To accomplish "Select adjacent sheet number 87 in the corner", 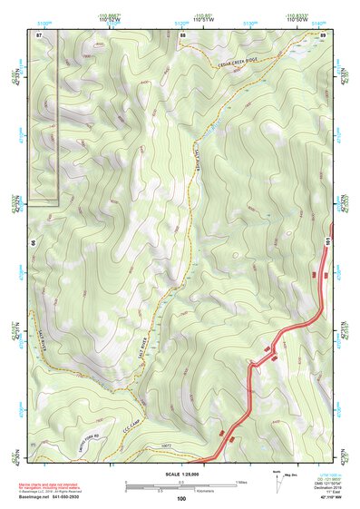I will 39,34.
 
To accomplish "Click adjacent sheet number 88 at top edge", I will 182,34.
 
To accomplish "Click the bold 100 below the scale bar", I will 181,498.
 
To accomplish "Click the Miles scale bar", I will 181,482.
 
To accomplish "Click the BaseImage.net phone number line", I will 56,497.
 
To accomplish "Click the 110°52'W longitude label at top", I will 109,20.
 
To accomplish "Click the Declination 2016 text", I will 316,485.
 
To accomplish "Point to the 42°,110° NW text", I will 318,497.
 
